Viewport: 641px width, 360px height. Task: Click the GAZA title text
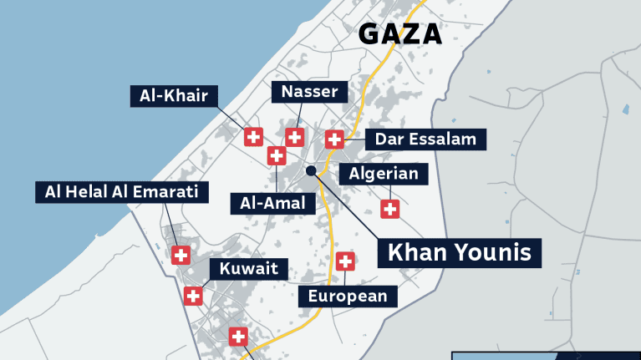(399, 34)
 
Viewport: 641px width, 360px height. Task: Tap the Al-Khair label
(173, 95)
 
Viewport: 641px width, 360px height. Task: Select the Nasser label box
(309, 92)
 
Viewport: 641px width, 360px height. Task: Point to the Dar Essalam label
(425, 139)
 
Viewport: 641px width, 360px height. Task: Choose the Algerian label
(384, 174)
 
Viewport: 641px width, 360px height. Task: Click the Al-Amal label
(272, 202)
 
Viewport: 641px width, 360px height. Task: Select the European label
(348, 296)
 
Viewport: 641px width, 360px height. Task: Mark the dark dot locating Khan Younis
(311, 170)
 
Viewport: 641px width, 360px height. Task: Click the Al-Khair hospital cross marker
(253, 137)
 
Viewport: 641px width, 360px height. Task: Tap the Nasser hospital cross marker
(294, 137)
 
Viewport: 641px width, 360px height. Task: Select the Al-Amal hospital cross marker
(277, 155)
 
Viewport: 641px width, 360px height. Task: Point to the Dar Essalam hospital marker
(334, 139)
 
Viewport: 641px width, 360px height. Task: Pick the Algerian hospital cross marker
(389, 209)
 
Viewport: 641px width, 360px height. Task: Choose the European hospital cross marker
(344, 261)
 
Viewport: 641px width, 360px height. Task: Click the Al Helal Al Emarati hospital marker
(181, 256)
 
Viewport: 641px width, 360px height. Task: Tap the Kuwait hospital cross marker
(193, 296)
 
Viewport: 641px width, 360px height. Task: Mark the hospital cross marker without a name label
(238, 337)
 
